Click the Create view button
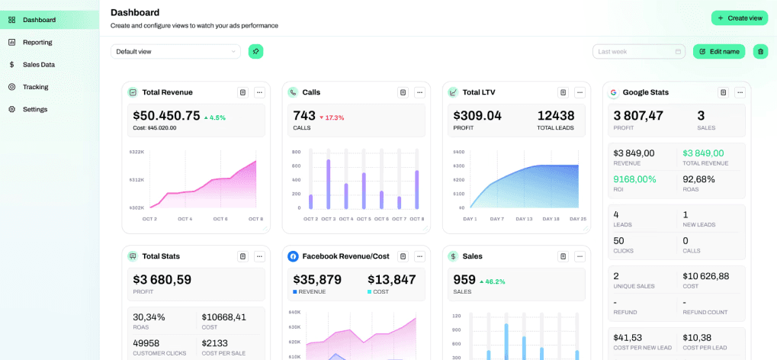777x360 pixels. click(739, 18)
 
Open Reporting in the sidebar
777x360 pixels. click(37, 42)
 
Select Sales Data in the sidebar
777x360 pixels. click(38, 65)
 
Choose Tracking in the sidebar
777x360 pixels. click(35, 87)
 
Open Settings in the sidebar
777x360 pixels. click(35, 109)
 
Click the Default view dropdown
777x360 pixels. click(175, 51)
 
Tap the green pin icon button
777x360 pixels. click(256, 51)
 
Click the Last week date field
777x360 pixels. click(639, 51)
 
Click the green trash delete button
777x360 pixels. click(760, 51)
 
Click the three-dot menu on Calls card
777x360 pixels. click(419, 92)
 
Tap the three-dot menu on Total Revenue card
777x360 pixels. click(259, 92)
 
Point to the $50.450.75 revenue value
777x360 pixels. click(166, 116)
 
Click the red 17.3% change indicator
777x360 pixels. click(332, 117)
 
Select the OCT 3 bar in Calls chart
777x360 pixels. click(329, 183)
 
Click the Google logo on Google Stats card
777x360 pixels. click(613, 92)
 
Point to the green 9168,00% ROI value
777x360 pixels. click(634, 179)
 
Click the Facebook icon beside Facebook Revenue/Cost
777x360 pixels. click(293, 256)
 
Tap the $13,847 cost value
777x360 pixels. click(391, 279)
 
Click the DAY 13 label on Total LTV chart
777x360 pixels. click(524, 219)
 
